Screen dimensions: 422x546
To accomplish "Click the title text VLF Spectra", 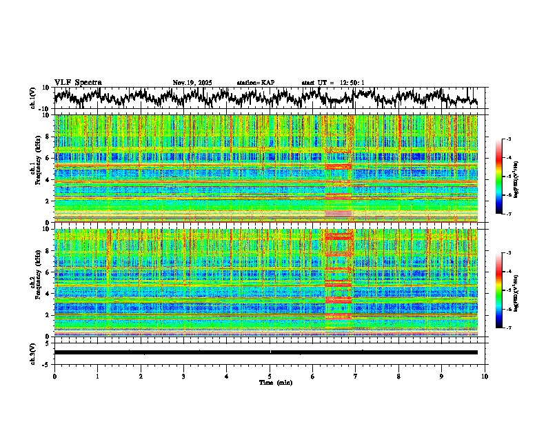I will (x=78, y=83).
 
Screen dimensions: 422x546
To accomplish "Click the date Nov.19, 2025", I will (x=192, y=83).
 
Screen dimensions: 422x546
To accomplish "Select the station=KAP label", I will (x=255, y=83).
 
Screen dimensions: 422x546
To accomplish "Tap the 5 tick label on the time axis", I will (x=270, y=376).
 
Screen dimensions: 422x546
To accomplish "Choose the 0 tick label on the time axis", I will (x=54, y=376).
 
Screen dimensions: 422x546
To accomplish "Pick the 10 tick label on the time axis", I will (x=485, y=376).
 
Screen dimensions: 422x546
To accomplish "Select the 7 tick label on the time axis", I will (x=356, y=376).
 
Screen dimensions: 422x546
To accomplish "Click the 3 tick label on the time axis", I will (x=183, y=376).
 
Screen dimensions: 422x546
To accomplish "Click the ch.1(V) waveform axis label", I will (x=34, y=98).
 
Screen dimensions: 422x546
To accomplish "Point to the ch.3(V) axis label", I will (x=34, y=352).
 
